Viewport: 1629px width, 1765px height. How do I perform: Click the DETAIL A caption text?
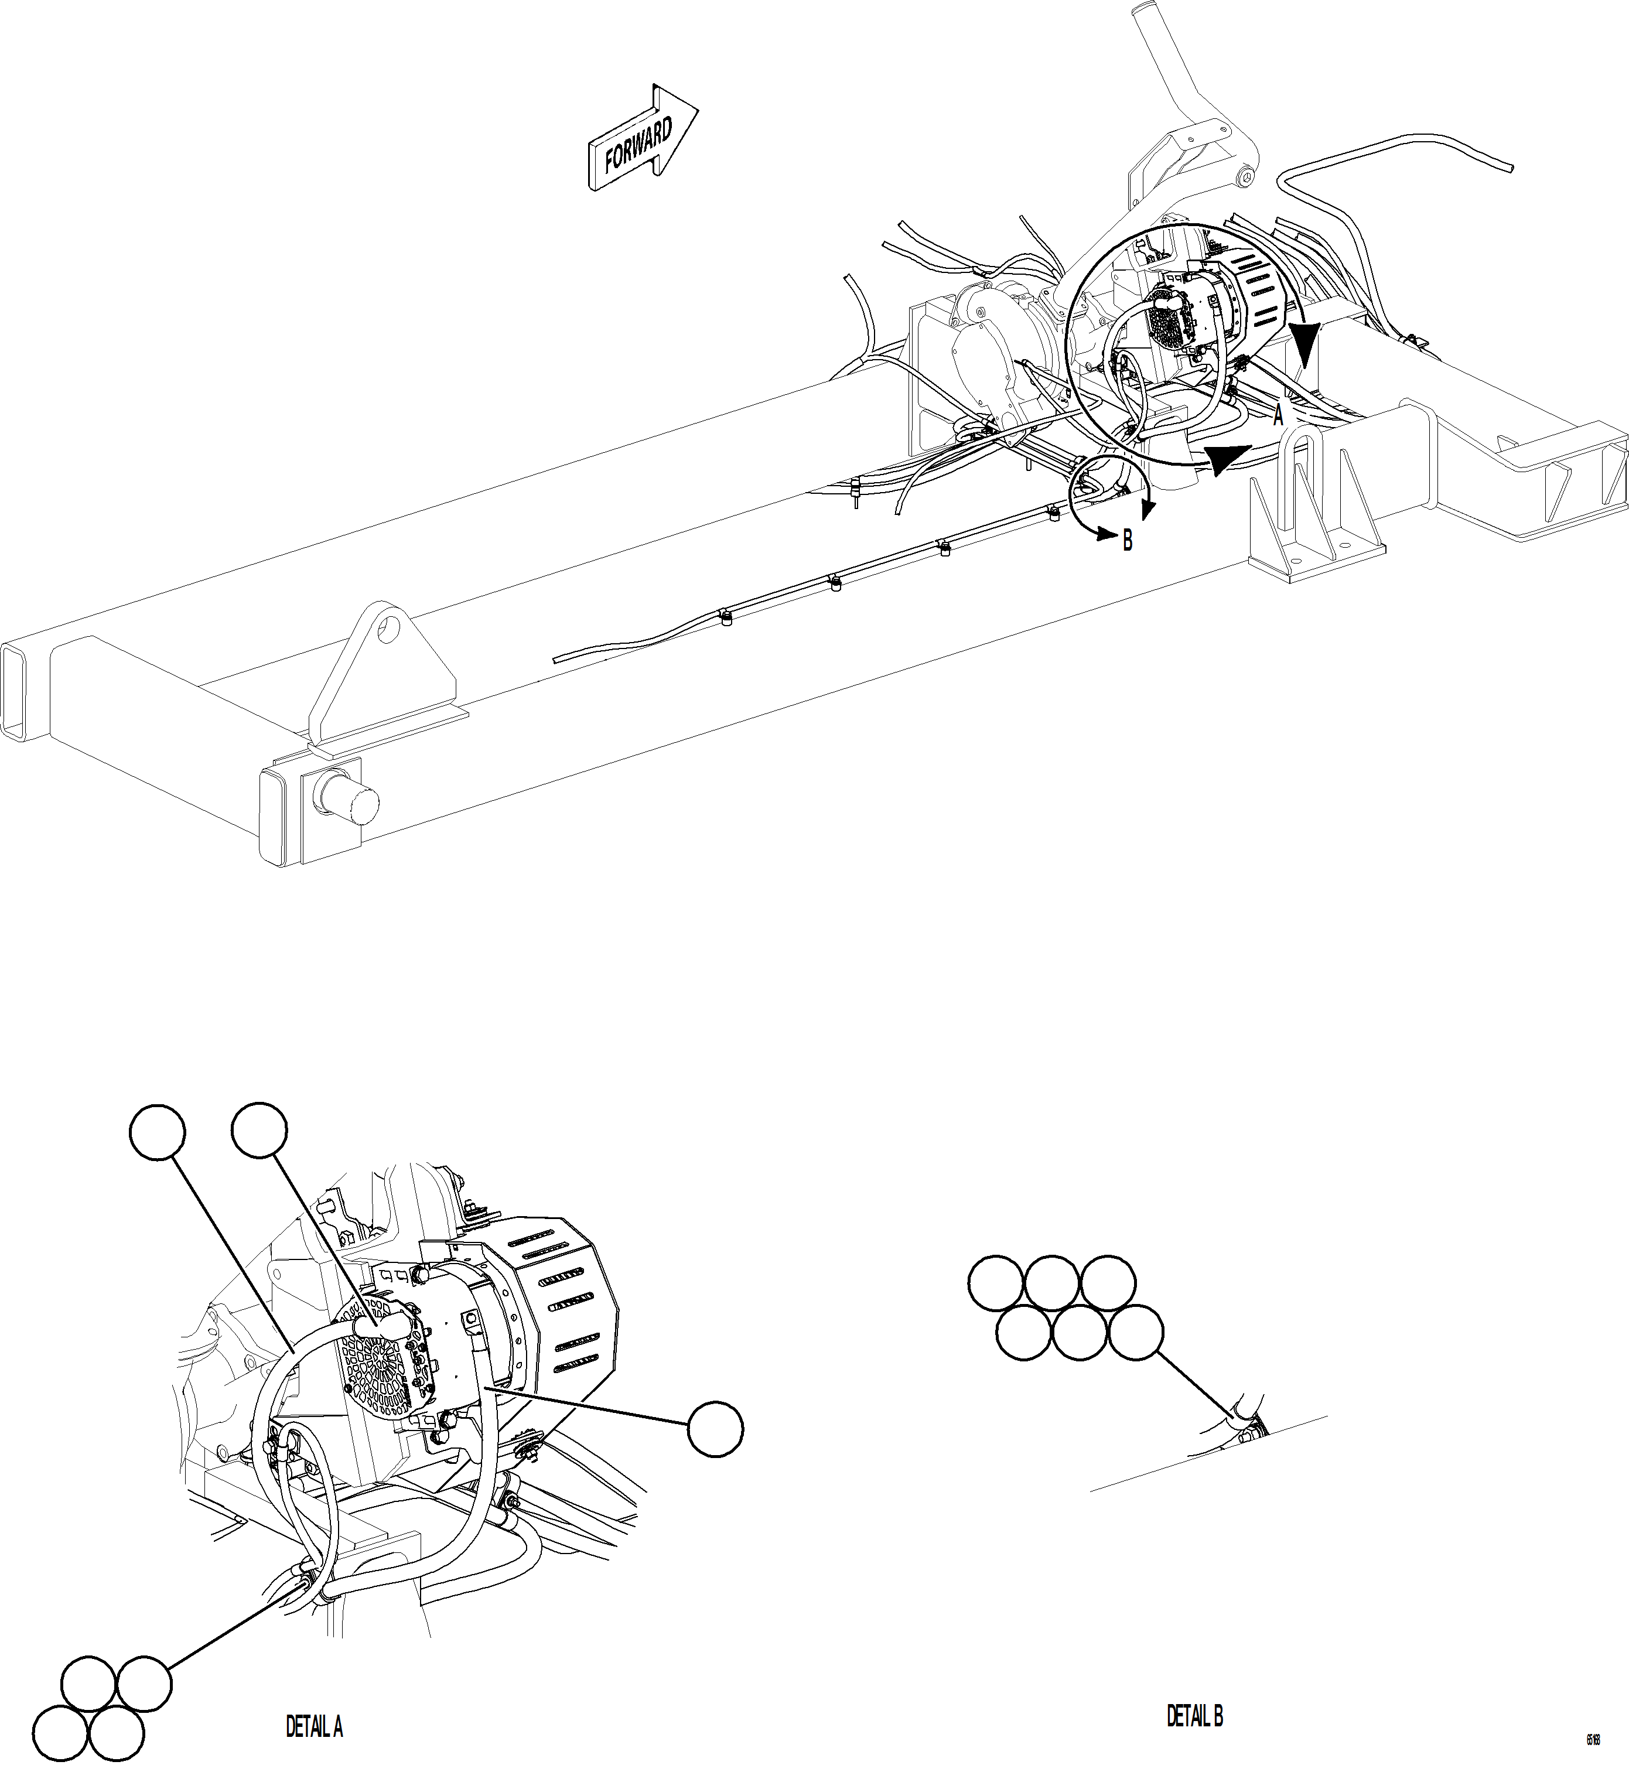tap(314, 1726)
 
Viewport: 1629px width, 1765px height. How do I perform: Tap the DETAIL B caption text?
tap(1194, 1716)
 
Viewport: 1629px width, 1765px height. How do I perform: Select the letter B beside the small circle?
tap(1128, 541)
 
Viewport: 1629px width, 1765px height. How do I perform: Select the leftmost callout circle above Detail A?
tap(157, 1132)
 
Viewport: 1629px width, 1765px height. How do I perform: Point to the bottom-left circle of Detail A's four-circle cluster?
tap(61, 1732)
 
